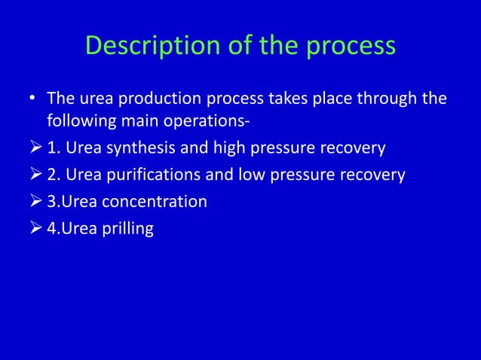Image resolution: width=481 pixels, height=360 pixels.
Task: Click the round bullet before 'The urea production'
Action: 33,99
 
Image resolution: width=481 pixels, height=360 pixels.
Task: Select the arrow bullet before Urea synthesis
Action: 33,148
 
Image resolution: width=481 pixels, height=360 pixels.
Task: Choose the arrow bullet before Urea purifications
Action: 33,175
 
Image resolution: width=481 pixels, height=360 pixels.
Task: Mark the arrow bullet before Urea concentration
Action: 33,202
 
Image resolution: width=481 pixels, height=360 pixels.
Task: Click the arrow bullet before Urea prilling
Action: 33,229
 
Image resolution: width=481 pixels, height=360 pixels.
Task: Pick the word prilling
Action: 128,229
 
